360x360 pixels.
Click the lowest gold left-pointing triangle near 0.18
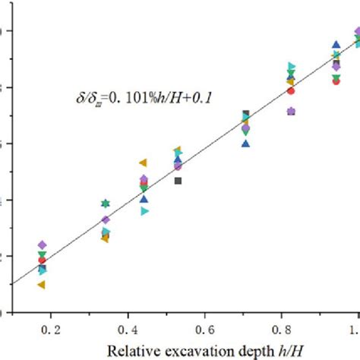tap(41, 285)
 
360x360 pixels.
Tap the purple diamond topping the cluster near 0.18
tap(43, 245)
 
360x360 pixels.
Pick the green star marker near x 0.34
tap(106, 204)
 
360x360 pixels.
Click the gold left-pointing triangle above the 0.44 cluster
tap(143, 163)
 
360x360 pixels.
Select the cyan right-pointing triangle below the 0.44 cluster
tap(144, 211)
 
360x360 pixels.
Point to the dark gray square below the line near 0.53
tap(178, 181)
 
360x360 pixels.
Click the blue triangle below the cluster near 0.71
tap(245, 143)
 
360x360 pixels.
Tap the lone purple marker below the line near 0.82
tap(291, 112)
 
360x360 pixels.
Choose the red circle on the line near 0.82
tap(290, 91)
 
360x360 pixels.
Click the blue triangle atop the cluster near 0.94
tap(336, 45)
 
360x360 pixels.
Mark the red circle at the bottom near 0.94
tap(336, 81)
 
